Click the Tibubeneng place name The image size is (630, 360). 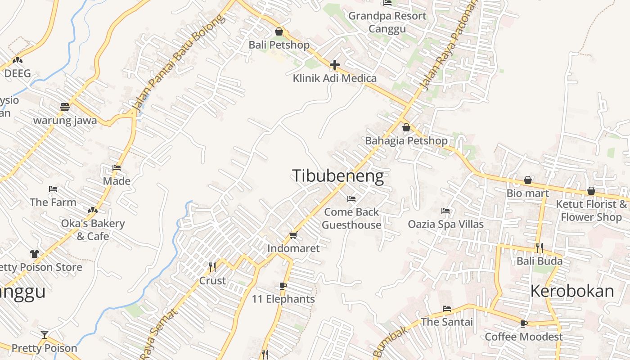click(338, 176)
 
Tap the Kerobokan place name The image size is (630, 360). click(572, 291)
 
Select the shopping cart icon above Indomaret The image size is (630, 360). click(293, 235)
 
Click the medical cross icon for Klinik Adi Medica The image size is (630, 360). click(334, 65)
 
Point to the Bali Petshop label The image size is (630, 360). click(279, 45)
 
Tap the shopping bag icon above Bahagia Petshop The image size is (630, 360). click(406, 128)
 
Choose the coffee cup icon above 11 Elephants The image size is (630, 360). click(283, 286)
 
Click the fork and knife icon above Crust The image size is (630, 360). click(212, 267)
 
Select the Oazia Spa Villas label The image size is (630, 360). click(445, 224)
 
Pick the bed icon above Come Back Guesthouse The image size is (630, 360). click(351, 198)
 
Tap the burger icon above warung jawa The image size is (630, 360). click(65, 107)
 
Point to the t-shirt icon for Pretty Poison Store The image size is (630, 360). click(35, 254)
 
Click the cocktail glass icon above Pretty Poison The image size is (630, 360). click(44, 334)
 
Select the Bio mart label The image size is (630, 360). click(527, 193)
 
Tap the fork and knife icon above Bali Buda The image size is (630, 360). click(539, 248)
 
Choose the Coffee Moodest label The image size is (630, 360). click(523, 337)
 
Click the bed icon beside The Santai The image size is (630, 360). click(446, 309)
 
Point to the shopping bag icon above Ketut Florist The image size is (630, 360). click(591, 191)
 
